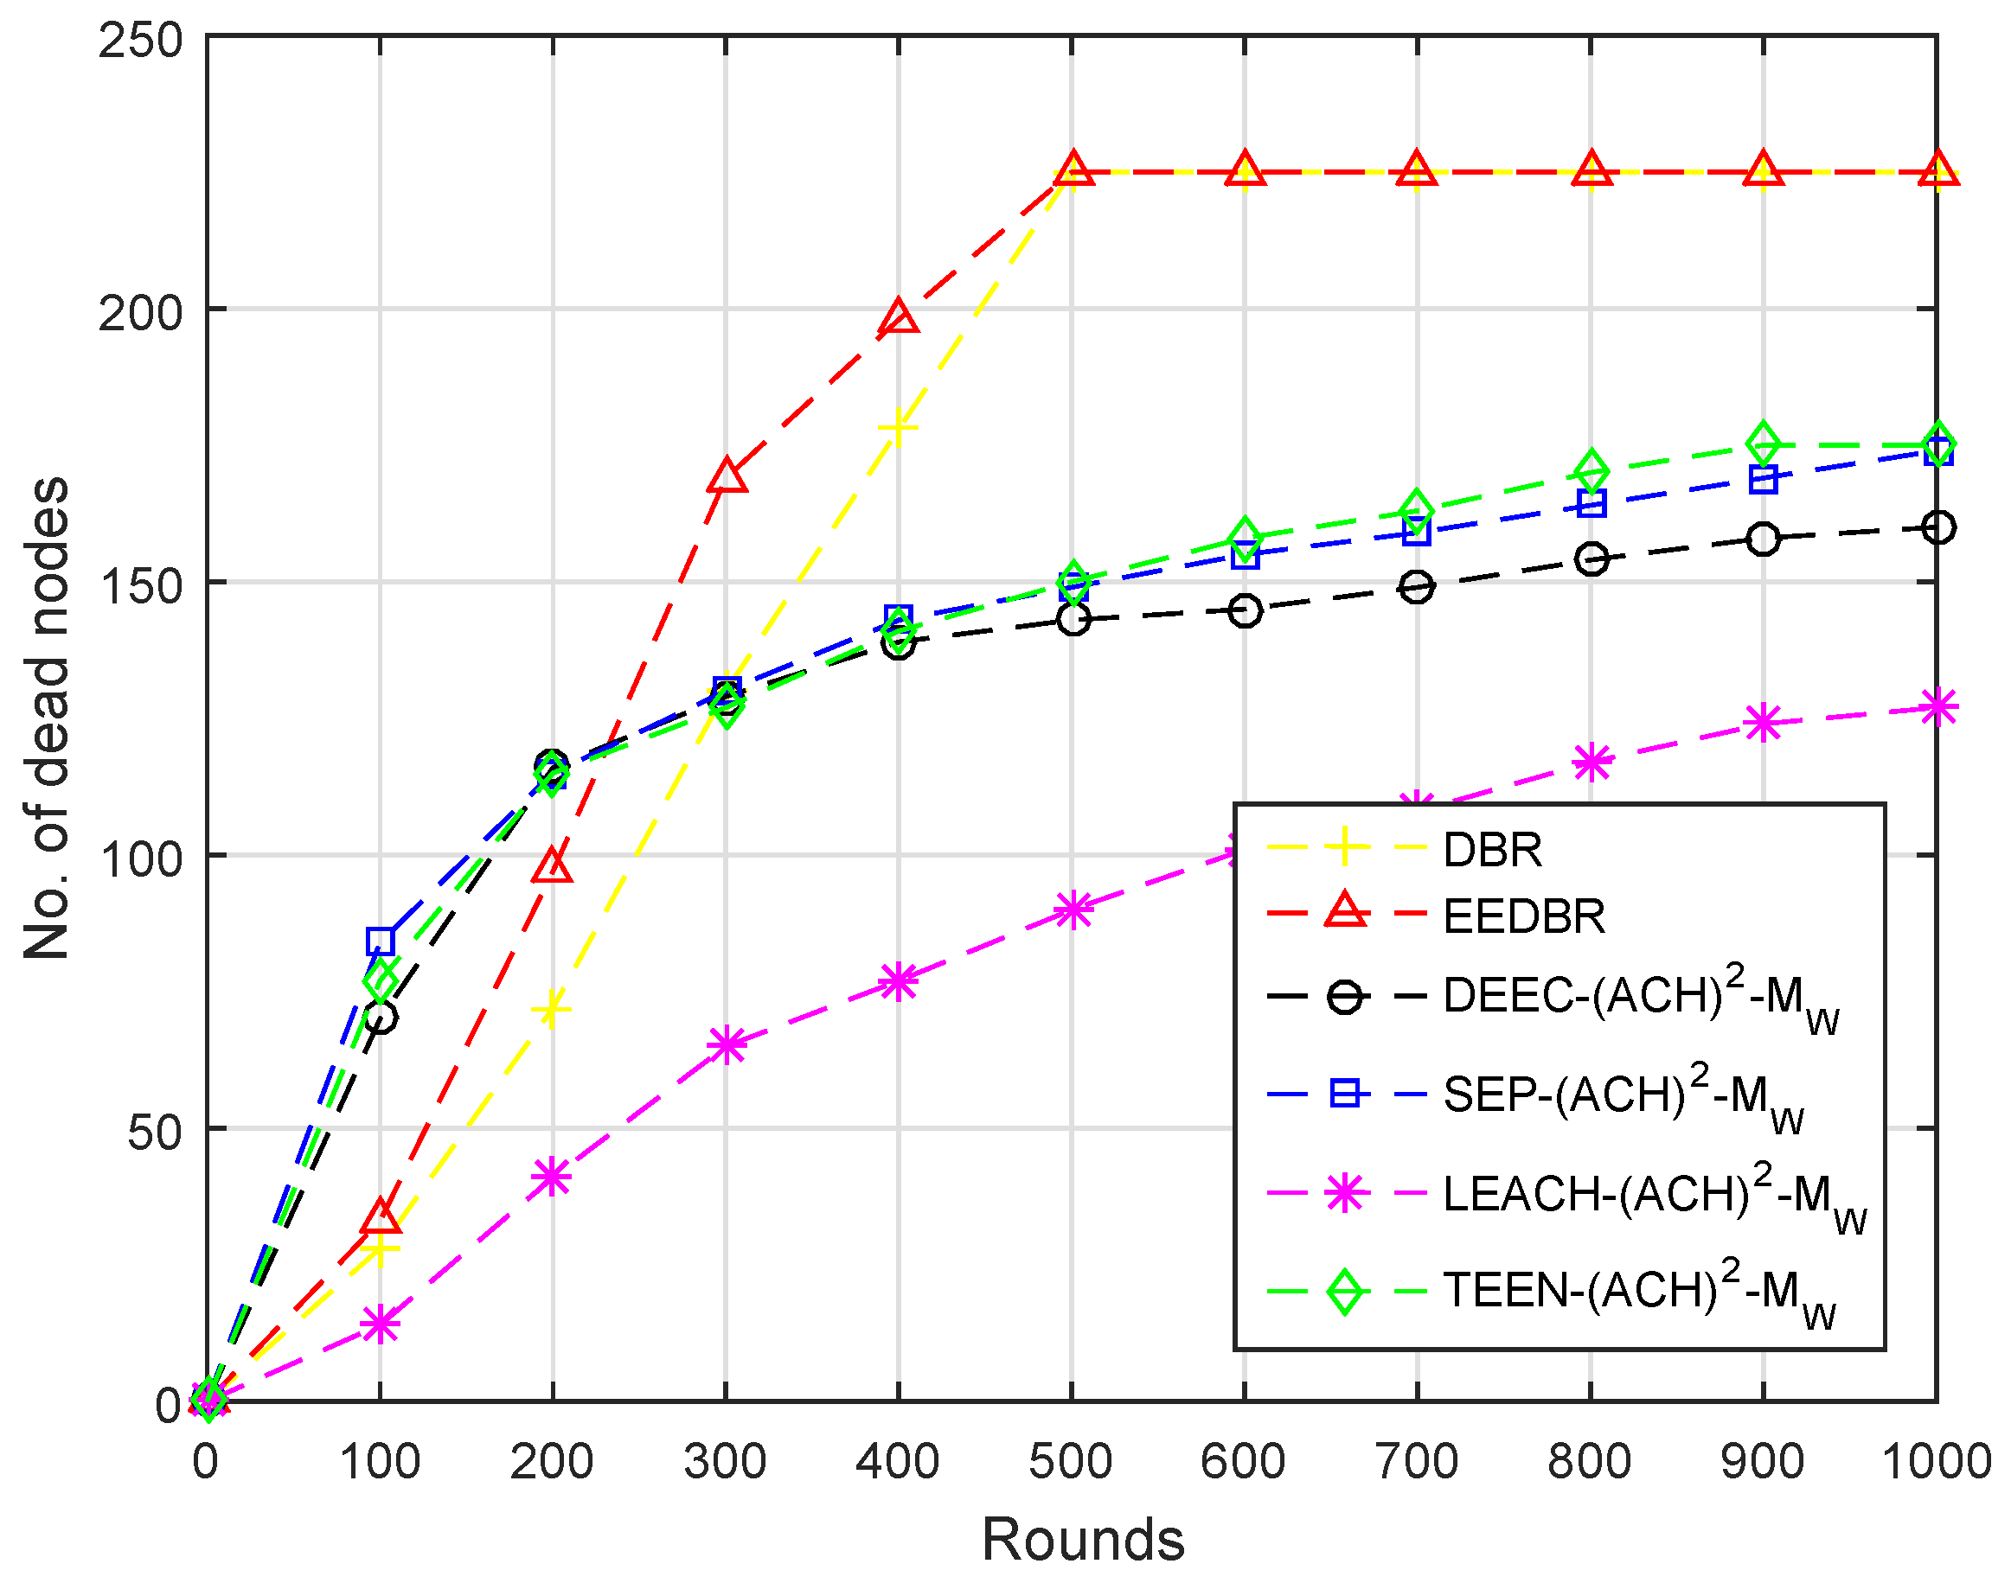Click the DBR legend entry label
(x=1492, y=850)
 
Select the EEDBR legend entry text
(x=1523, y=916)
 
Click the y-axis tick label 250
(x=140, y=41)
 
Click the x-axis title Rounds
(x=1082, y=1541)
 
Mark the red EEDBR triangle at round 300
(x=726, y=476)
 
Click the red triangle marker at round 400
(x=899, y=318)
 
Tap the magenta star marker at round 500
(x=1072, y=910)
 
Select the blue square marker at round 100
(x=380, y=941)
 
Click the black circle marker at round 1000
(x=1937, y=527)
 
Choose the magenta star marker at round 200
(x=552, y=1177)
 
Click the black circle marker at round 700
(x=1416, y=587)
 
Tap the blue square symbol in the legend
(x=1343, y=1094)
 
